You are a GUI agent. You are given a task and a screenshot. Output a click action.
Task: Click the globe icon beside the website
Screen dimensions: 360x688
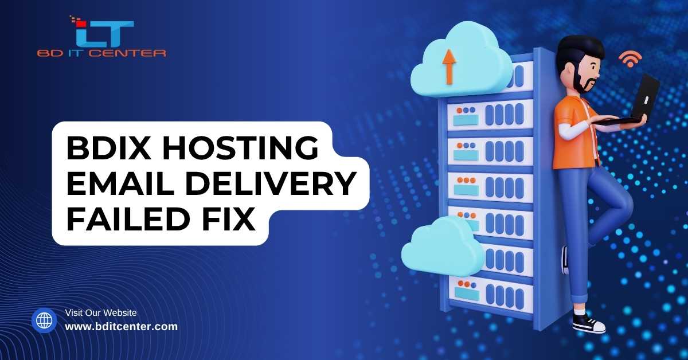click(44, 320)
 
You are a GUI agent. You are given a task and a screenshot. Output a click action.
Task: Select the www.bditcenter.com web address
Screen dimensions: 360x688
click(122, 327)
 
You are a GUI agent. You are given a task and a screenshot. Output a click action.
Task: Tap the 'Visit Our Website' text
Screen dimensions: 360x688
click(101, 313)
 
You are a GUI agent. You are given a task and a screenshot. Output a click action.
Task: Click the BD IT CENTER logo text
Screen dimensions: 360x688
click(102, 53)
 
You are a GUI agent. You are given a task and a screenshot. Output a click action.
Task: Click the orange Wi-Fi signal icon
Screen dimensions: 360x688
click(630, 58)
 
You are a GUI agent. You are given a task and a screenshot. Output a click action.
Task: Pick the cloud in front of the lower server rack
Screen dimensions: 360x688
click(441, 247)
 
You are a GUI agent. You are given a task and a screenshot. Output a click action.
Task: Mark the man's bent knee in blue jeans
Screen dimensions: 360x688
click(622, 198)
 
